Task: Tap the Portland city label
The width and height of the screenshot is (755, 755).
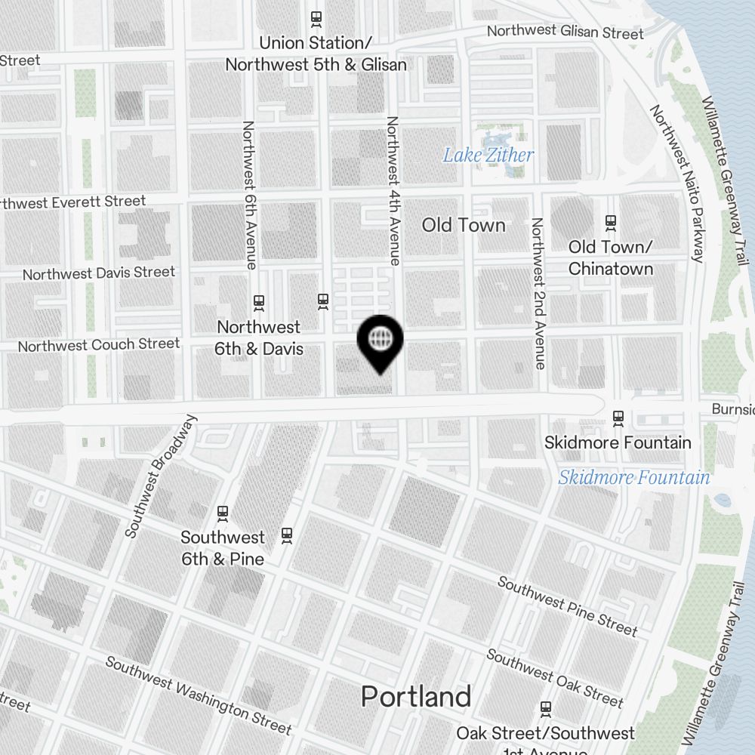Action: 416,696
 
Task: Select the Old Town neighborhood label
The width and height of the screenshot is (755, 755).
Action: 464,225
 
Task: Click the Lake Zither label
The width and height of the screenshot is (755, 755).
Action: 488,156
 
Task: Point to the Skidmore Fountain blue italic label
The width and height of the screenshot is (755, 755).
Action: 634,477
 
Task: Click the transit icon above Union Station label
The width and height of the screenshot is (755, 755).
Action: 316,17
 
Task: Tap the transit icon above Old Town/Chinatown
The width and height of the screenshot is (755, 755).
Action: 611,223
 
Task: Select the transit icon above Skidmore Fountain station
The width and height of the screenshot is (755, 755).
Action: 618,418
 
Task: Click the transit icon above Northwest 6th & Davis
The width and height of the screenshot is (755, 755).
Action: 260,303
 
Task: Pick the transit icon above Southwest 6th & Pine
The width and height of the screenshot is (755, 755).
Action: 223,513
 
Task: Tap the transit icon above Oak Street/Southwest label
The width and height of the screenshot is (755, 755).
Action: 545,709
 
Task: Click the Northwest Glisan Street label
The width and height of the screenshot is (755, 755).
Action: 565,32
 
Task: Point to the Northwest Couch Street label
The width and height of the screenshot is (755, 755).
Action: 99,345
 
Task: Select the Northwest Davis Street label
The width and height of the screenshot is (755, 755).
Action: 99,273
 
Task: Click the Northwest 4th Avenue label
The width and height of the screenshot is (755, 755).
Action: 393,190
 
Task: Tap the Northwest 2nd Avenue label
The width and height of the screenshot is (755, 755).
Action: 538,293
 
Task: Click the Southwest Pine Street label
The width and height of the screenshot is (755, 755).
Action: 567,606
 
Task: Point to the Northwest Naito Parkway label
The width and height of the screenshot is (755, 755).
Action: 677,183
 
